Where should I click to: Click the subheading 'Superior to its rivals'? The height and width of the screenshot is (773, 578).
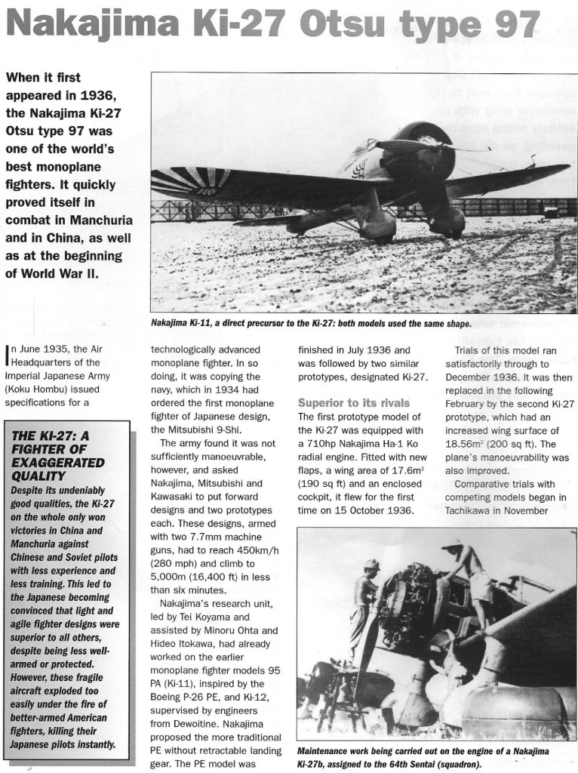[x=353, y=402]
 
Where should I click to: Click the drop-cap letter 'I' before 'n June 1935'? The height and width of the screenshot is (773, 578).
[x=8, y=351]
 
